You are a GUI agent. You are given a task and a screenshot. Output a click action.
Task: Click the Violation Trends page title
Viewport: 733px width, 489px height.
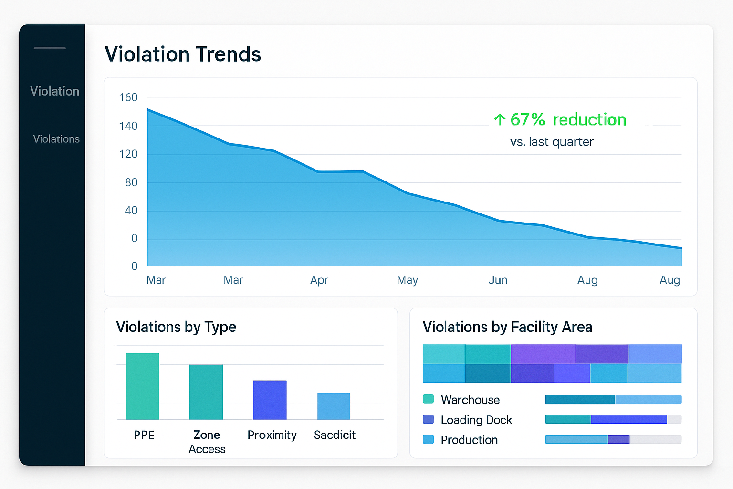click(183, 54)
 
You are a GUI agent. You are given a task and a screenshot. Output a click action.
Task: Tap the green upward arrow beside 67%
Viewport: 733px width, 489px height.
click(499, 119)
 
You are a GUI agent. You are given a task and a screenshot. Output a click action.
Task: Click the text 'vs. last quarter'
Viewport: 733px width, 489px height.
click(552, 142)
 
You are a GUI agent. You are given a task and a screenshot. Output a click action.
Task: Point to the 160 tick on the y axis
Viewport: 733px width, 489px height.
click(128, 97)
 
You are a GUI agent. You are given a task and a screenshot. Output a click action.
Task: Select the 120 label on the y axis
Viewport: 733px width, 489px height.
click(128, 154)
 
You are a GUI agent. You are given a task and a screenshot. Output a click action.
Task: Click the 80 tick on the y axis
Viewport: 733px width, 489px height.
click(131, 182)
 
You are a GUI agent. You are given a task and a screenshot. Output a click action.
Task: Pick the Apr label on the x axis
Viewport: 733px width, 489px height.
click(319, 280)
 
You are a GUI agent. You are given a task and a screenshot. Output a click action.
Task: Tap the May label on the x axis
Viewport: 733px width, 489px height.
click(407, 280)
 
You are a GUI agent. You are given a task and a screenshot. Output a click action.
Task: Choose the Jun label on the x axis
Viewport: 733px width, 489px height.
click(497, 280)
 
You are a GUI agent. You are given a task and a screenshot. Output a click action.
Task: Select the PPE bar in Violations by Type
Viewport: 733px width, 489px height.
click(142, 386)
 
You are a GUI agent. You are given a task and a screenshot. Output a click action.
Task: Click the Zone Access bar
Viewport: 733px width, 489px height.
click(206, 392)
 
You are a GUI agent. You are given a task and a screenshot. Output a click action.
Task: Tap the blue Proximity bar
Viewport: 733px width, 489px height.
click(270, 400)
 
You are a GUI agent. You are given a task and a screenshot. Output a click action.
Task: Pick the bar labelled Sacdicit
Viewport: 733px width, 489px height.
click(334, 406)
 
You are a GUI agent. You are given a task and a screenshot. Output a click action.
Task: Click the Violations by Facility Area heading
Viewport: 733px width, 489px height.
click(507, 327)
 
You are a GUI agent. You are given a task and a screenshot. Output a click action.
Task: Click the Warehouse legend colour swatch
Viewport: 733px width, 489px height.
click(428, 399)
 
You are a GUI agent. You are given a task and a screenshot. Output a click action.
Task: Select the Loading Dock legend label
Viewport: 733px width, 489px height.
click(476, 420)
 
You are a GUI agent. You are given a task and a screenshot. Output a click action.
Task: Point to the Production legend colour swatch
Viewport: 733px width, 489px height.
click(428, 439)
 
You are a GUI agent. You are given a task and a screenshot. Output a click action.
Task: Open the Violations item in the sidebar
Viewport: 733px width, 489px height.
click(56, 139)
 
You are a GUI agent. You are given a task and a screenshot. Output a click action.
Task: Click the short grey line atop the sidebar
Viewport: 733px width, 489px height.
click(50, 48)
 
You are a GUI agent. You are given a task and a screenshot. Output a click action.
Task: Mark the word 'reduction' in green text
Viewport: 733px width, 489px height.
click(589, 119)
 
